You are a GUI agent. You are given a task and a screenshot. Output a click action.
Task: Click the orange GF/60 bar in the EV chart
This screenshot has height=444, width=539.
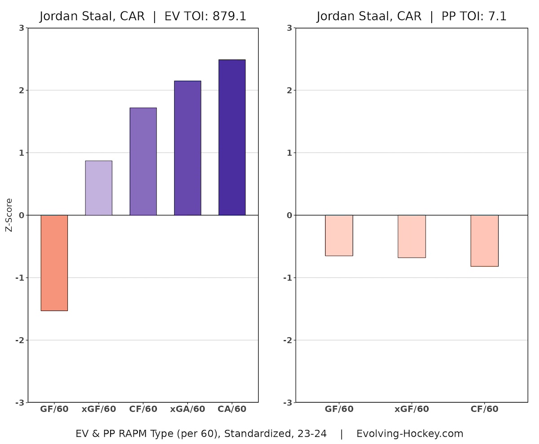(x=54, y=263)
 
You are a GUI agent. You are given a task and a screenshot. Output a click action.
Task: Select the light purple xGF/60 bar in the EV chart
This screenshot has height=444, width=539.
(x=98, y=188)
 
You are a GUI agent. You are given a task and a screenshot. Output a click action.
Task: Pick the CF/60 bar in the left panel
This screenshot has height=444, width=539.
(x=143, y=161)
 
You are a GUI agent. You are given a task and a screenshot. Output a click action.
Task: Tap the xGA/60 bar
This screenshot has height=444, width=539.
(x=187, y=148)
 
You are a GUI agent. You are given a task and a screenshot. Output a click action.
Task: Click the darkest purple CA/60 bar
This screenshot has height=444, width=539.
(x=232, y=137)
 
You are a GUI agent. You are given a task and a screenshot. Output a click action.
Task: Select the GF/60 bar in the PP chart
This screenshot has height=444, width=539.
(x=339, y=235)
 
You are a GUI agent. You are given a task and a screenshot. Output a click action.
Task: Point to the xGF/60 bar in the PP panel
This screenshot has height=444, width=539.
(x=412, y=236)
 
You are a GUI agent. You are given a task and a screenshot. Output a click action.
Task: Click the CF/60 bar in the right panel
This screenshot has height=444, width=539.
(x=485, y=241)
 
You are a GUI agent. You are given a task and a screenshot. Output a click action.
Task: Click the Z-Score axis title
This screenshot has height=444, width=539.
(x=9, y=215)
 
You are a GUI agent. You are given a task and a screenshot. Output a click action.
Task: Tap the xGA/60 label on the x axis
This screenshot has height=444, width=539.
(x=187, y=409)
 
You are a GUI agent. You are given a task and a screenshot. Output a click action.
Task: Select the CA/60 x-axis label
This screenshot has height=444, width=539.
(x=232, y=409)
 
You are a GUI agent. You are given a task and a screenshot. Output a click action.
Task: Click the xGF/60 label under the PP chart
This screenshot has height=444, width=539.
(x=412, y=409)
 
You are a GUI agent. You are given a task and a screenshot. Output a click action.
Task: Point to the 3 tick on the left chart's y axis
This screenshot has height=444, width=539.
(x=21, y=28)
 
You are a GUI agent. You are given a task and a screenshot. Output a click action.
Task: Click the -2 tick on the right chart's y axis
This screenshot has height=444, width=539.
(x=288, y=340)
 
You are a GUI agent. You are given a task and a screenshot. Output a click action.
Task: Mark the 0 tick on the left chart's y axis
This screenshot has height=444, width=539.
(x=21, y=215)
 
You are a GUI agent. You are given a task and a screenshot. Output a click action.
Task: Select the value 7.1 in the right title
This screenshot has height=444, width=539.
(x=497, y=17)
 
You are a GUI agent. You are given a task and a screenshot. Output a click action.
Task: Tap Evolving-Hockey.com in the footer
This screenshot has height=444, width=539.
(x=410, y=434)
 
